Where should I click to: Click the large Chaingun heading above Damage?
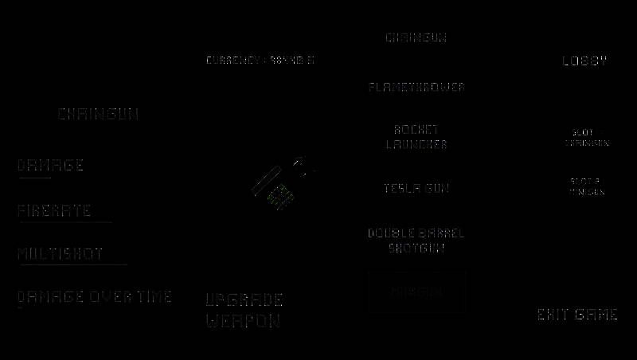click(98, 115)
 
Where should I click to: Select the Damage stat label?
click(50, 166)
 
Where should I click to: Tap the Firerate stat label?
click(54, 211)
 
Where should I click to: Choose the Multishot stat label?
click(61, 254)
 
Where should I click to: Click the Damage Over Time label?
click(95, 297)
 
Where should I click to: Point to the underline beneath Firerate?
click(64, 222)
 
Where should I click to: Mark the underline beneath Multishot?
click(72, 264)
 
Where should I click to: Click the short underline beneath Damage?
click(34, 178)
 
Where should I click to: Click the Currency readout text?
click(260, 61)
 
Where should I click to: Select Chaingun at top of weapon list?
click(416, 37)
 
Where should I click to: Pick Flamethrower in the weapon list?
click(416, 87)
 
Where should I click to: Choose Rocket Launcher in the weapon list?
click(416, 137)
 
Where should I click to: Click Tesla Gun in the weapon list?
click(416, 189)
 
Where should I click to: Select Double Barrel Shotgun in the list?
click(416, 241)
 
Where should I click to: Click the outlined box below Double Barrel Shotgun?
click(416, 292)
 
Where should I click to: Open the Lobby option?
click(585, 61)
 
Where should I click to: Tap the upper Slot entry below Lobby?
click(587, 138)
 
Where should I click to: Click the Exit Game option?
click(577, 315)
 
